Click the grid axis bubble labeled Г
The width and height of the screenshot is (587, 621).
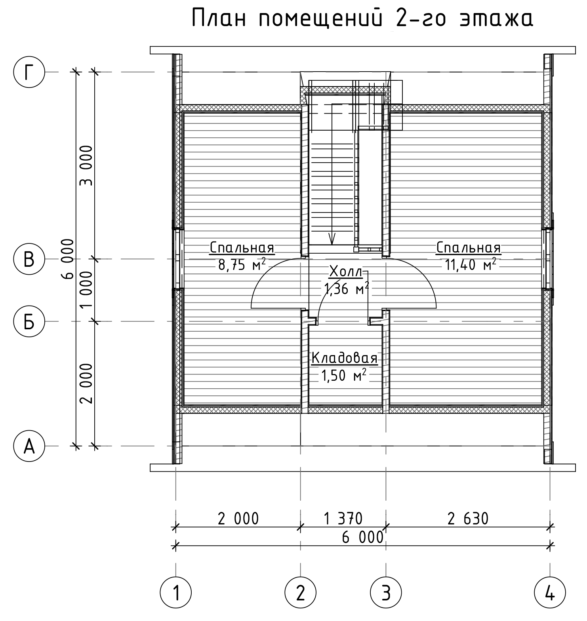click(x=29, y=72)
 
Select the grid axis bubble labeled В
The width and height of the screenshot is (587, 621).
click(x=29, y=259)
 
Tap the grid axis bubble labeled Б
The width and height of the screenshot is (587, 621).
click(x=29, y=321)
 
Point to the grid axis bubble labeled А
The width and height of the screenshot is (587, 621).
click(x=29, y=446)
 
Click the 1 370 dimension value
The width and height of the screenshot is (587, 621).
click(x=343, y=518)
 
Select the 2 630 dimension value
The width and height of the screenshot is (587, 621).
click(x=468, y=518)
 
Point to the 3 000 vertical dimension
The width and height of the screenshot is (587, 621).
click(x=86, y=165)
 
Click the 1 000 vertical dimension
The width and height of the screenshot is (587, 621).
click(x=86, y=290)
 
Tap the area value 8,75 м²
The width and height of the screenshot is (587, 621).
click(x=242, y=264)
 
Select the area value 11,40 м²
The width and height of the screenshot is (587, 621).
click(x=471, y=264)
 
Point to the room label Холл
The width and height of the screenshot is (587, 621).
click(x=346, y=272)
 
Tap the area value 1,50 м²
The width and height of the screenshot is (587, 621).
click(x=343, y=375)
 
